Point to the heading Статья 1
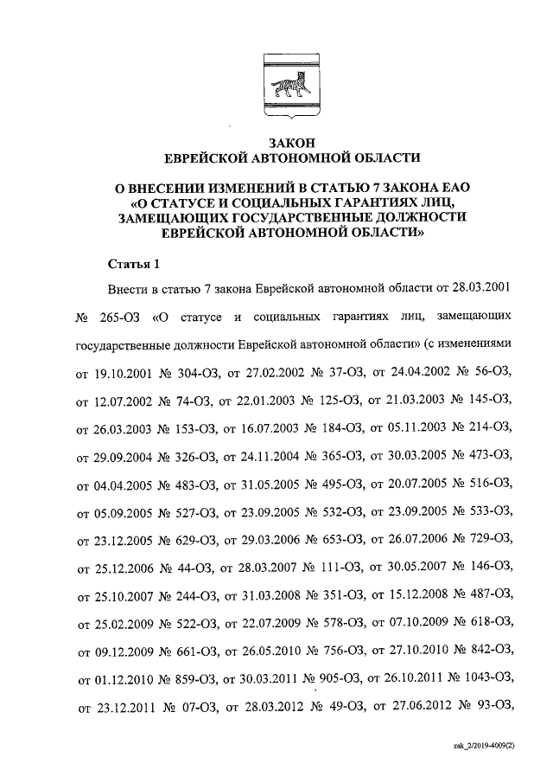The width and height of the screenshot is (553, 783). click(131, 263)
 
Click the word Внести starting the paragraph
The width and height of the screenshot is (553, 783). click(126, 287)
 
